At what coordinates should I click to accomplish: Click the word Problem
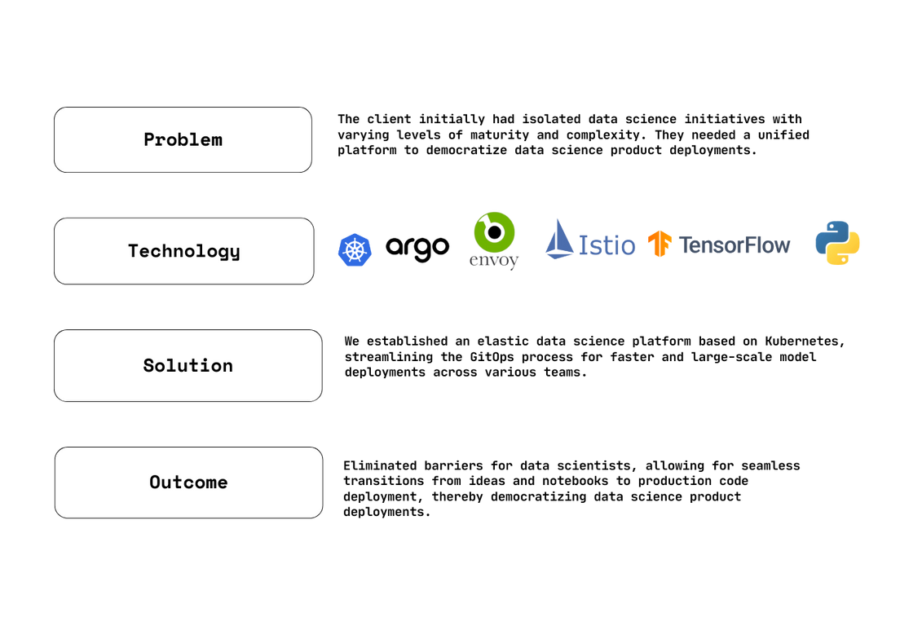pyautogui.click(x=183, y=139)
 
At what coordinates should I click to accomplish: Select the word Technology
pyautogui.click(x=184, y=251)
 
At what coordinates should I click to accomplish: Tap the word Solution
pyautogui.click(x=187, y=365)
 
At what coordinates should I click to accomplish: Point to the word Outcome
pyautogui.click(x=188, y=482)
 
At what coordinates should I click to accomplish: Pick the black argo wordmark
pyautogui.click(x=417, y=247)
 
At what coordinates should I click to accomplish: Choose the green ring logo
pyautogui.click(x=494, y=231)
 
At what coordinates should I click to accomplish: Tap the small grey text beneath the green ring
pyautogui.click(x=494, y=260)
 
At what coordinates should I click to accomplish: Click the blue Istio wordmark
pyautogui.click(x=610, y=244)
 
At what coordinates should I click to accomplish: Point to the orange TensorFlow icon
pyautogui.click(x=661, y=245)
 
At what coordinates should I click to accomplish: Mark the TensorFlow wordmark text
pyautogui.click(x=734, y=245)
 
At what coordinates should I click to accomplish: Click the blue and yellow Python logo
pyautogui.click(x=840, y=241)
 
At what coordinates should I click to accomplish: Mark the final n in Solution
pyautogui.click(x=227, y=366)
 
